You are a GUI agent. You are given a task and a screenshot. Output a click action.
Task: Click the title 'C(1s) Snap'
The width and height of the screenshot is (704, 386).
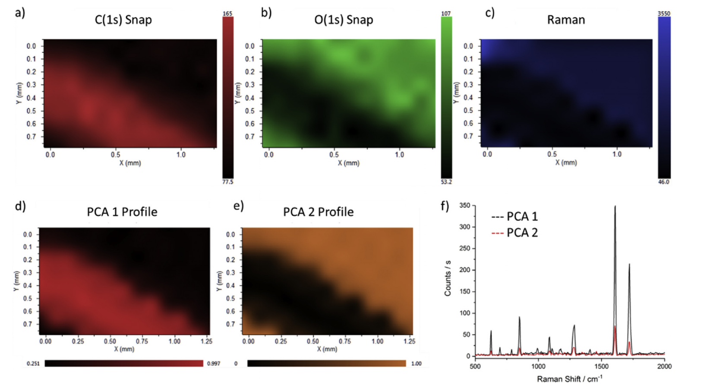123,20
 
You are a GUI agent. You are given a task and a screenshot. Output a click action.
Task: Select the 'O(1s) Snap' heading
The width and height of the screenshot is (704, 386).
344,20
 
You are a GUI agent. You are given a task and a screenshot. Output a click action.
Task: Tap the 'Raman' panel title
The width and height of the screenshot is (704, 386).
566,20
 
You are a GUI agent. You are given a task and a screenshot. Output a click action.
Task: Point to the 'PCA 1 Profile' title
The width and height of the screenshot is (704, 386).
122,212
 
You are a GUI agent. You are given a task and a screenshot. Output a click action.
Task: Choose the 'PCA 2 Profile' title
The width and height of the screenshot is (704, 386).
318,212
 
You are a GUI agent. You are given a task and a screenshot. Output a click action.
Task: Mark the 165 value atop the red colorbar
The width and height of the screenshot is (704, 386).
227,14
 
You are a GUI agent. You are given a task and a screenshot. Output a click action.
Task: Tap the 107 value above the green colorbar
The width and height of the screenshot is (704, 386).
446,14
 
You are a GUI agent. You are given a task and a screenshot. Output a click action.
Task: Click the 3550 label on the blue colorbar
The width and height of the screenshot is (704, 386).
664,14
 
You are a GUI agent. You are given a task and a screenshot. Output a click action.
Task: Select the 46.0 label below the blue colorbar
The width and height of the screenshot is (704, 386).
663,182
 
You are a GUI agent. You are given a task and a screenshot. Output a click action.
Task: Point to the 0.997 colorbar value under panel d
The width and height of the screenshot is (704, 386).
214,364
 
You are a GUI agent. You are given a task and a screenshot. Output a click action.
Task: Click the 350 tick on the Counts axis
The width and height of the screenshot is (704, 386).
464,205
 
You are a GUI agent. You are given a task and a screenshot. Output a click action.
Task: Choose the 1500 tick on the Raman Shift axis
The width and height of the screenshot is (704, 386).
601,366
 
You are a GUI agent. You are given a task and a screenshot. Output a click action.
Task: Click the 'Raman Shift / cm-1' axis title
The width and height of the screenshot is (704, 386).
569,379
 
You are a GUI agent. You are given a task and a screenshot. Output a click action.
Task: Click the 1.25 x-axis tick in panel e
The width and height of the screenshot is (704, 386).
409,341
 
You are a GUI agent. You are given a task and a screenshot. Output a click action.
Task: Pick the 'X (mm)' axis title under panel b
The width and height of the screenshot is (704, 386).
348,163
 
